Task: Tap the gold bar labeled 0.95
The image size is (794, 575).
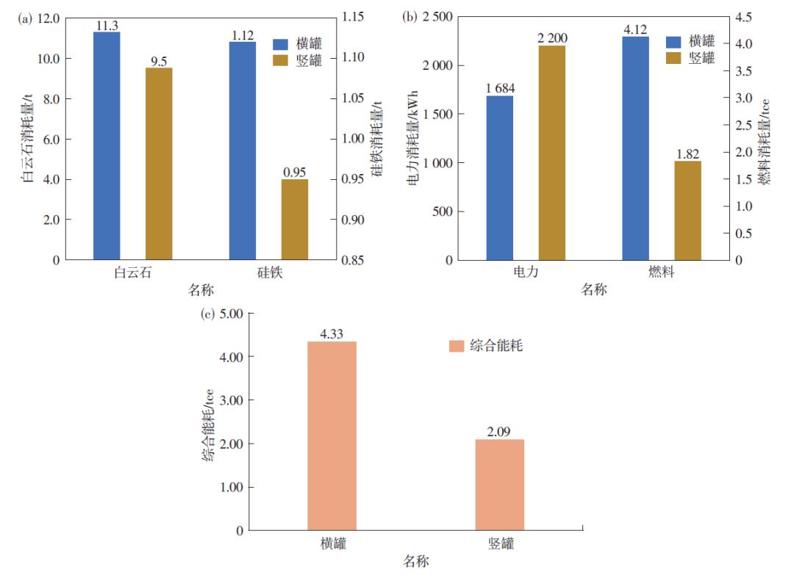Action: pos(295,220)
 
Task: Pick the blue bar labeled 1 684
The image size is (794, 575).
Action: pos(500,178)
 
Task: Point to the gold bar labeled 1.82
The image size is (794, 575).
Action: pos(687,210)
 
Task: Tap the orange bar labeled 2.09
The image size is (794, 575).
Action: pos(499,485)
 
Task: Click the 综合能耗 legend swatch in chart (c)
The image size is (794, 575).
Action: pos(456,345)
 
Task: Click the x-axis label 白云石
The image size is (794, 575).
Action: pos(133,273)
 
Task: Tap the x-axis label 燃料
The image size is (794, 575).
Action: pos(661,273)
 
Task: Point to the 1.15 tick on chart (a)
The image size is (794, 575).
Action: pos(354,18)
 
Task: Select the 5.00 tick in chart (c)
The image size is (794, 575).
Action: pos(230,314)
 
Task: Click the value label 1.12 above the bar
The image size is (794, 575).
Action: pos(243,35)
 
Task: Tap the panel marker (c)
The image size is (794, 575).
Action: pos(208,314)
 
